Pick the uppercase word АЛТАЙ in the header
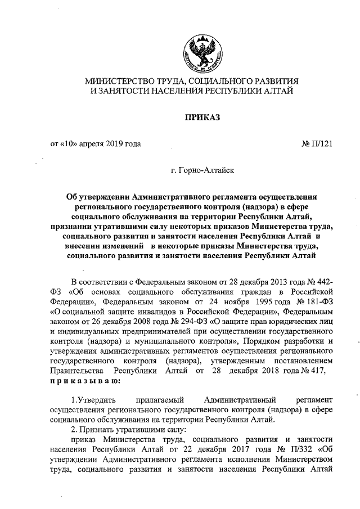(x=278, y=91)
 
